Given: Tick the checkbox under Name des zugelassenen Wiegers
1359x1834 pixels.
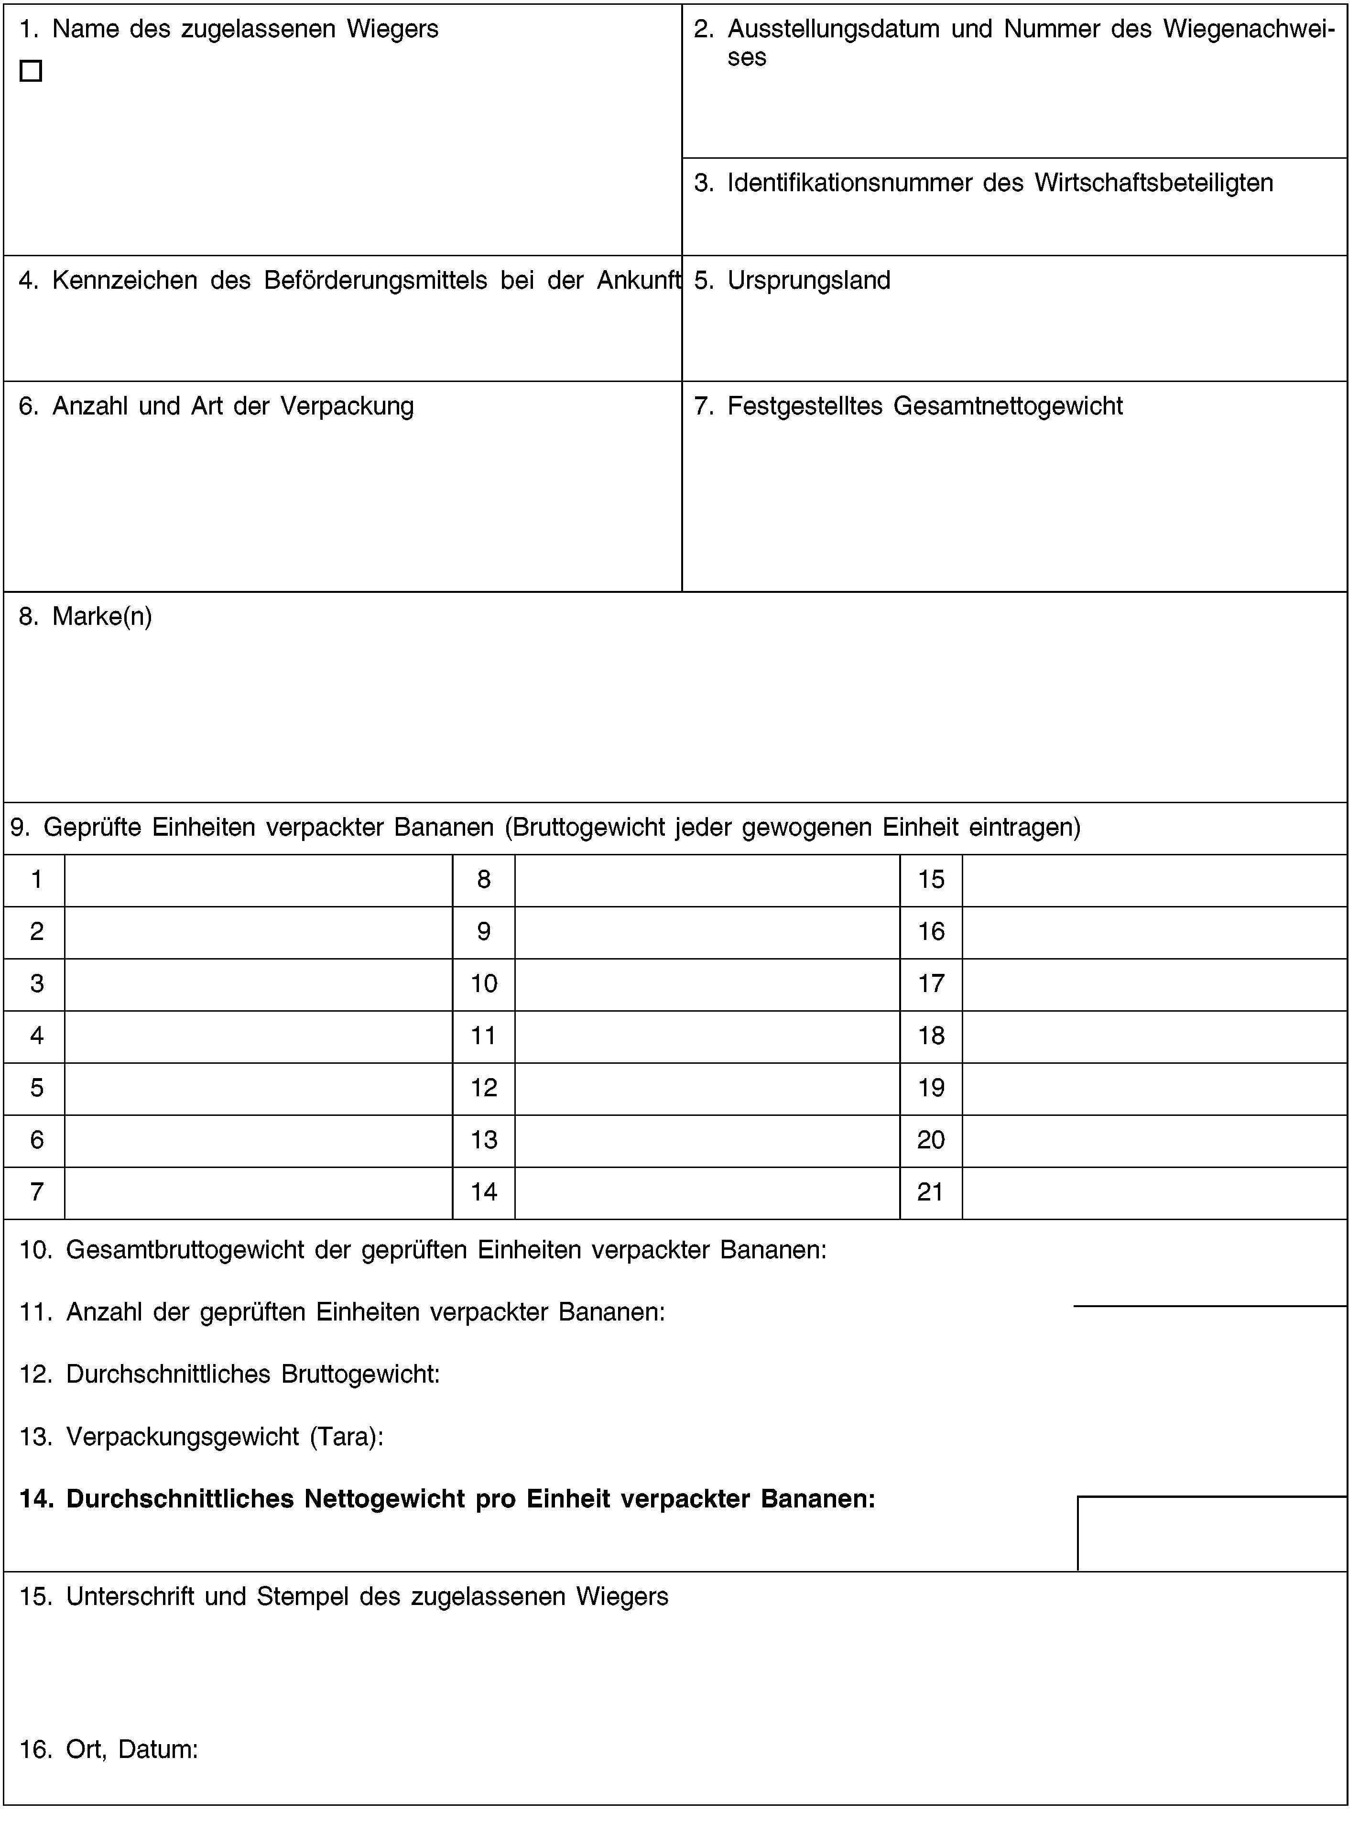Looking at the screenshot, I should pos(31,72).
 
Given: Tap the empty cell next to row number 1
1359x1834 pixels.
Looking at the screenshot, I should pos(258,880).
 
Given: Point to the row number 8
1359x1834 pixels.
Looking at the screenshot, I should pos(484,880).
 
